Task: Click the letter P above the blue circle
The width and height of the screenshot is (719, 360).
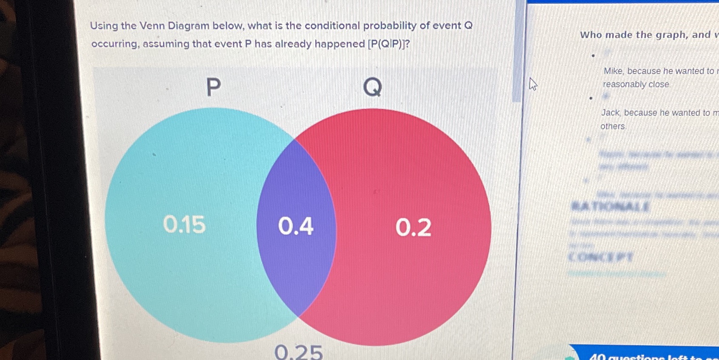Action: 214,87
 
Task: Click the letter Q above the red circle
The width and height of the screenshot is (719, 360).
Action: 372,87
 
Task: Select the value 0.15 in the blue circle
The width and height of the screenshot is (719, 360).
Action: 184,224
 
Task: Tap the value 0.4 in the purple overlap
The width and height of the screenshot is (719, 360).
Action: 296,226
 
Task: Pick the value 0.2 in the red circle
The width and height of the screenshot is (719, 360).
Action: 413,227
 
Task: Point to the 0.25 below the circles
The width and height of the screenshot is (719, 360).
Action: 298,352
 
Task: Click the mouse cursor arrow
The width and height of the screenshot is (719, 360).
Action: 533,84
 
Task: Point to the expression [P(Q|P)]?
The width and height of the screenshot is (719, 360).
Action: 388,44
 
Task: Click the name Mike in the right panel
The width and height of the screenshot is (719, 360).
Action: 613,71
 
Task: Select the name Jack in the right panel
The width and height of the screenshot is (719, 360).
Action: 611,113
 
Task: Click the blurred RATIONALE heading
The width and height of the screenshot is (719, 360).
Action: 610,207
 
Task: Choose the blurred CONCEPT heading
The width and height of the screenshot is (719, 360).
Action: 600,257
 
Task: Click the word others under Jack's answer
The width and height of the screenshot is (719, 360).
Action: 613,126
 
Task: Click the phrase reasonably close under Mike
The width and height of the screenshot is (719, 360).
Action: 636,84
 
